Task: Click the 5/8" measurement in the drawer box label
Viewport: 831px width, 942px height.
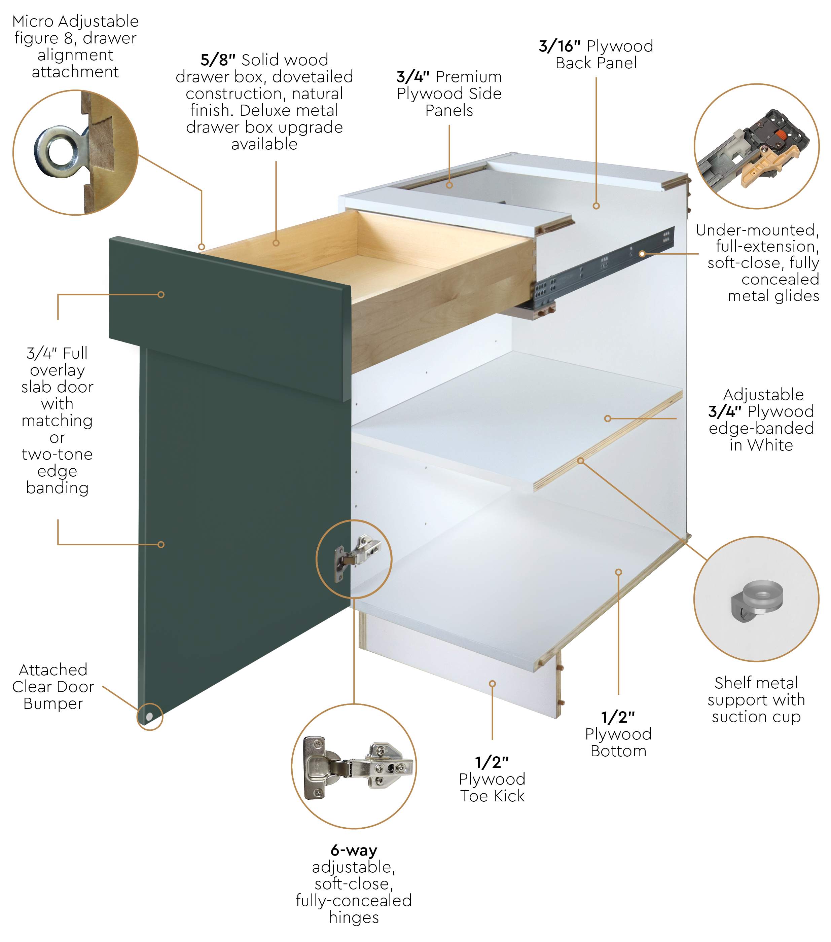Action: tap(218, 60)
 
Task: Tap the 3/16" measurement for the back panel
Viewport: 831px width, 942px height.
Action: tap(559, 46)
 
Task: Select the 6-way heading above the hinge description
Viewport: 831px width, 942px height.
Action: tap(354, 850)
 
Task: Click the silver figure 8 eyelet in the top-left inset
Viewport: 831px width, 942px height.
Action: tap(61, 152)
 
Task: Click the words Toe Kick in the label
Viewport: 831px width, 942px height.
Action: tap(492, 796)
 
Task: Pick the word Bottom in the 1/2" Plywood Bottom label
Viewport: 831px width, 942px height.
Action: tap(618, 751)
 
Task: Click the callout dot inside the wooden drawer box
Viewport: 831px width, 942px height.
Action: tap(276, 243)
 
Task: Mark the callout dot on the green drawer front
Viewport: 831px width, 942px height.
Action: tap(161, 294)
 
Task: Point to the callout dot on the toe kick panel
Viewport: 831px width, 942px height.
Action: tap(492, 684)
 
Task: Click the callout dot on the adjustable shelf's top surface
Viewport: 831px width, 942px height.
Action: tap(608, 419)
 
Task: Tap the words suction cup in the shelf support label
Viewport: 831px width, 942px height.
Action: tap(756, 717)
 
